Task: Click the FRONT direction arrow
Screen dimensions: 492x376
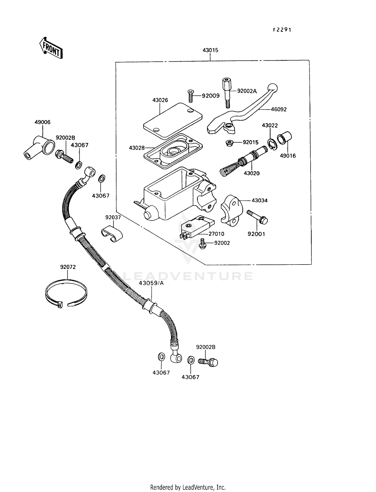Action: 51,48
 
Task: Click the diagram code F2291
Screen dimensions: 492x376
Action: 282,30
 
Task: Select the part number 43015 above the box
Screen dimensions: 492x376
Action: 210,50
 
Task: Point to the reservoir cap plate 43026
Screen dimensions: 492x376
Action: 173,121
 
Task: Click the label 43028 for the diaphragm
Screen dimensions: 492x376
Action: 137,148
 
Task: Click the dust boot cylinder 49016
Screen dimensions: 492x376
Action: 285,138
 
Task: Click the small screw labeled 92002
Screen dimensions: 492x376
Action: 202,243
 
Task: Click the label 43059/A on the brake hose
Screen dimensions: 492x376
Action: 151,283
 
